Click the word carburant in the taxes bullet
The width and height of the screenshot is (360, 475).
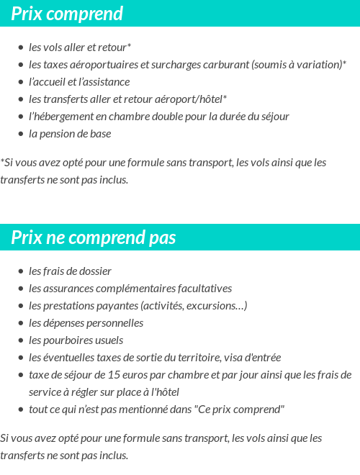[224, 65]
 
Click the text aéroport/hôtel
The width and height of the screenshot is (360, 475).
[192, 99]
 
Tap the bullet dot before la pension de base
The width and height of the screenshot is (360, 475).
[21, 134]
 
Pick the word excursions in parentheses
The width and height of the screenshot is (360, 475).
[217, 306]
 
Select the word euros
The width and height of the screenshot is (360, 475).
[130, 375]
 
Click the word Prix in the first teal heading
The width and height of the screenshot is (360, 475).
[27, 14]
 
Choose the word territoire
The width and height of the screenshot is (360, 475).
[194, 358]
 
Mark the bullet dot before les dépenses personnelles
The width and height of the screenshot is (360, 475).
[21, 323]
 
